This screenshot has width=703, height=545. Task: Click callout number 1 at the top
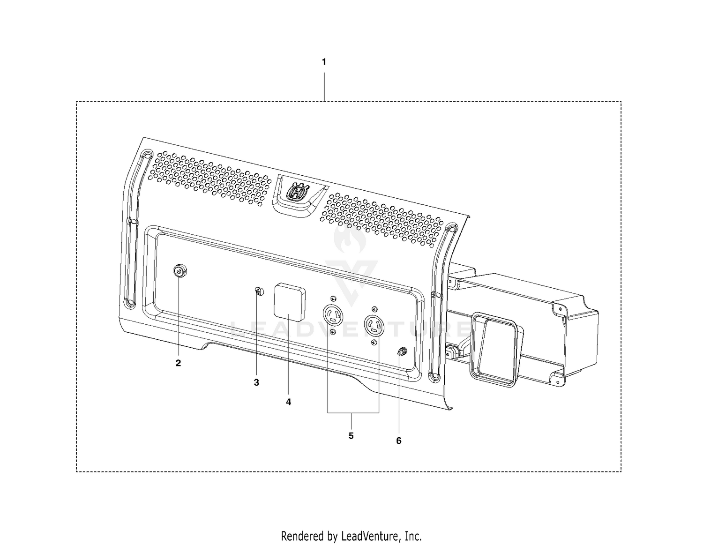click(324, 62)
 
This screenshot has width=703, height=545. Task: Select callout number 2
click(178, 363)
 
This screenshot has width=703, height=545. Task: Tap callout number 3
click(256, 383)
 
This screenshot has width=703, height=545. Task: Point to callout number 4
click(289, 402)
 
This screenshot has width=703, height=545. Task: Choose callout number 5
click(351, 436)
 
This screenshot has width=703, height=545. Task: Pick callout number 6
click(399, 441)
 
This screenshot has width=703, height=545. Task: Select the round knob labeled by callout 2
click(180, 271)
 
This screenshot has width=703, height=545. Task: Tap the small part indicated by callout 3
click(259, 291)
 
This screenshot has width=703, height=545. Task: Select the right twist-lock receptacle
click(374, 325)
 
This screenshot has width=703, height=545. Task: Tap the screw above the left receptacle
click(333, 298)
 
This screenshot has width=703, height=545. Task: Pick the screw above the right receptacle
click(374, 308)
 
